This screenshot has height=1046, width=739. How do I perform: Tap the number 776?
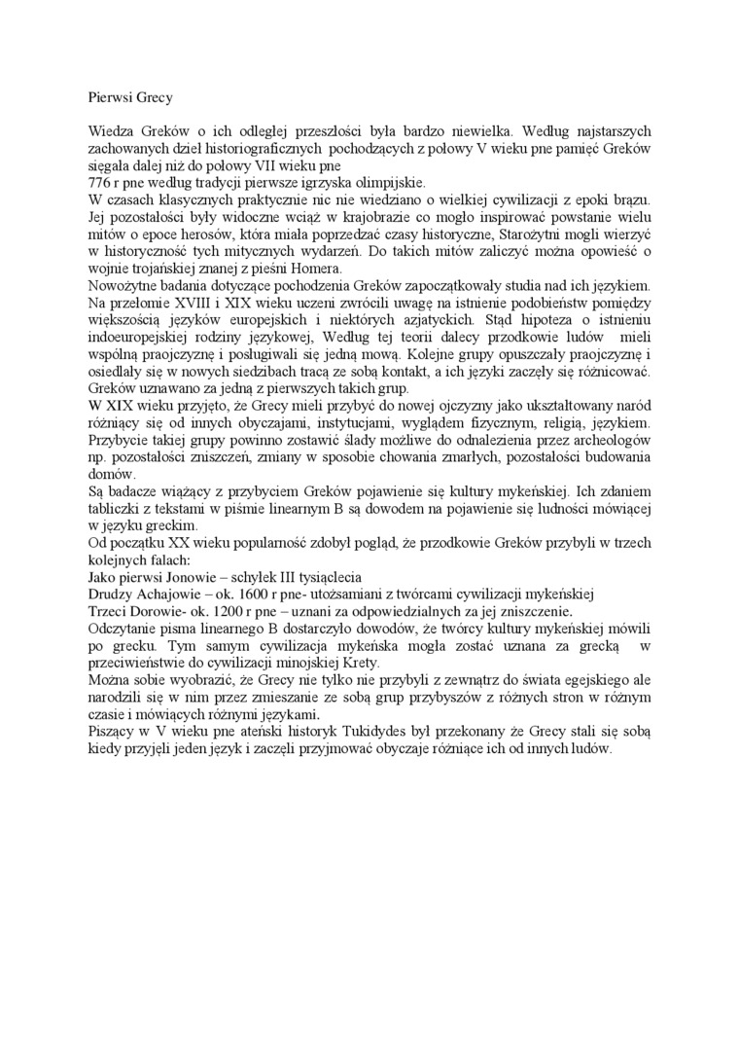coord(99,182)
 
